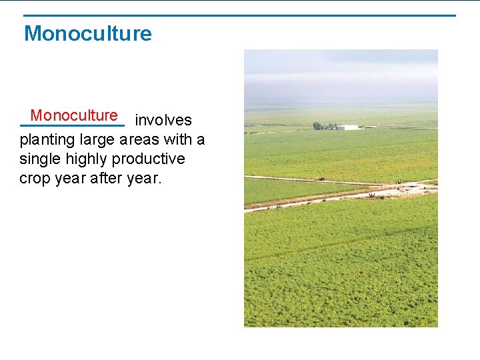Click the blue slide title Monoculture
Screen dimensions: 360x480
point(87,33)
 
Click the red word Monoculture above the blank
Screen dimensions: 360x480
point(74,115)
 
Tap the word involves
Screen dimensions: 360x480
point(163,120)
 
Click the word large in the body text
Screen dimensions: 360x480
point(97,140)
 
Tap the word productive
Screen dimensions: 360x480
point(151,159)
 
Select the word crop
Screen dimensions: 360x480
point(34,179)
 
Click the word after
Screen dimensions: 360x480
point(106,179)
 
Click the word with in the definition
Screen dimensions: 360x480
point(181,140)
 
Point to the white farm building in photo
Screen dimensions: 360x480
point(347,127)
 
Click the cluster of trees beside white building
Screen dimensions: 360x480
point(324,126)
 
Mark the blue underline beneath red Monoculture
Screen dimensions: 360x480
point(72,125)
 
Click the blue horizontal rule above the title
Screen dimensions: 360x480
point(240,15)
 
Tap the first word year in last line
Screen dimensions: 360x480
point(69,179)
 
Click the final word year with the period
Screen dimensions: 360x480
point(145,179)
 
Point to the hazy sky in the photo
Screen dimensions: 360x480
point(340,73)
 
